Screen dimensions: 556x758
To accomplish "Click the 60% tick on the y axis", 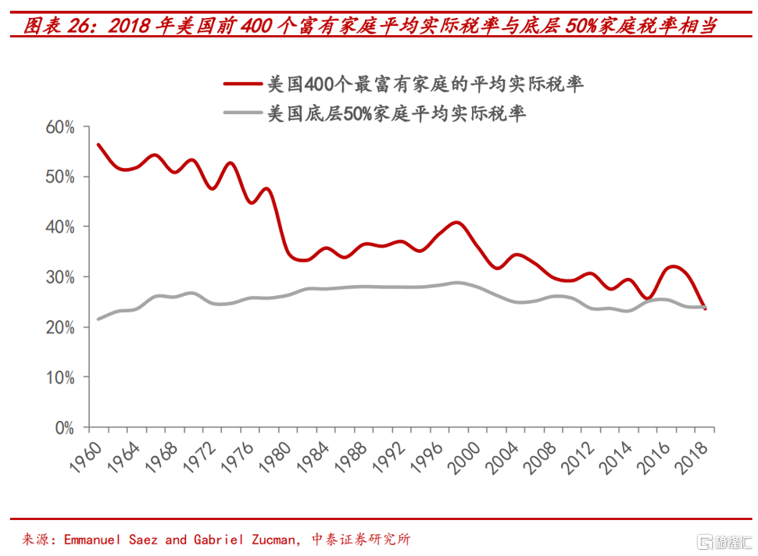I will click(59, 127).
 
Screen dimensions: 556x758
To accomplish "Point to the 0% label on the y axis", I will click(63, 428).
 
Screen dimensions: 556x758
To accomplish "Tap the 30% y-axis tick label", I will click(59, 277).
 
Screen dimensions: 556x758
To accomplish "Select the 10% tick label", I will click(59, 377).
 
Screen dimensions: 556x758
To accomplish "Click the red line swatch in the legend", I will click(241, 84).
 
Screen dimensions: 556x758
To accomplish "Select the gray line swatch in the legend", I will click(241, 113).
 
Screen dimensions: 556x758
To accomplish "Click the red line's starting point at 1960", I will click(98, 144).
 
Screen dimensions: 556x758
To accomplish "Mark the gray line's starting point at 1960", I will click(98, 319).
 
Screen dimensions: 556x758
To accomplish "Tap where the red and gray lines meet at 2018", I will click(705, 307).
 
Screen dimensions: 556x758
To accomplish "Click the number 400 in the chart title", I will click(255, 27).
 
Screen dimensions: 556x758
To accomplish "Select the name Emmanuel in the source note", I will click(98, 540).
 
